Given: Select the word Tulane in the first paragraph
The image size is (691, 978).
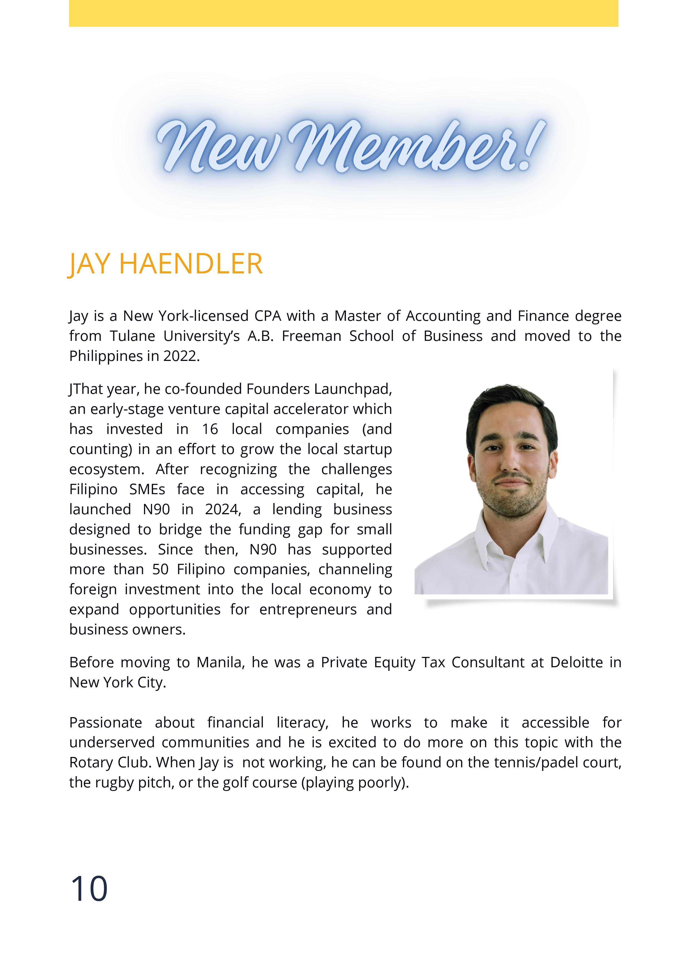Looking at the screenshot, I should click(x=132, y=336).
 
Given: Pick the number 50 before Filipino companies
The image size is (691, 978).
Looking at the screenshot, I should click(x=160, y=569).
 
